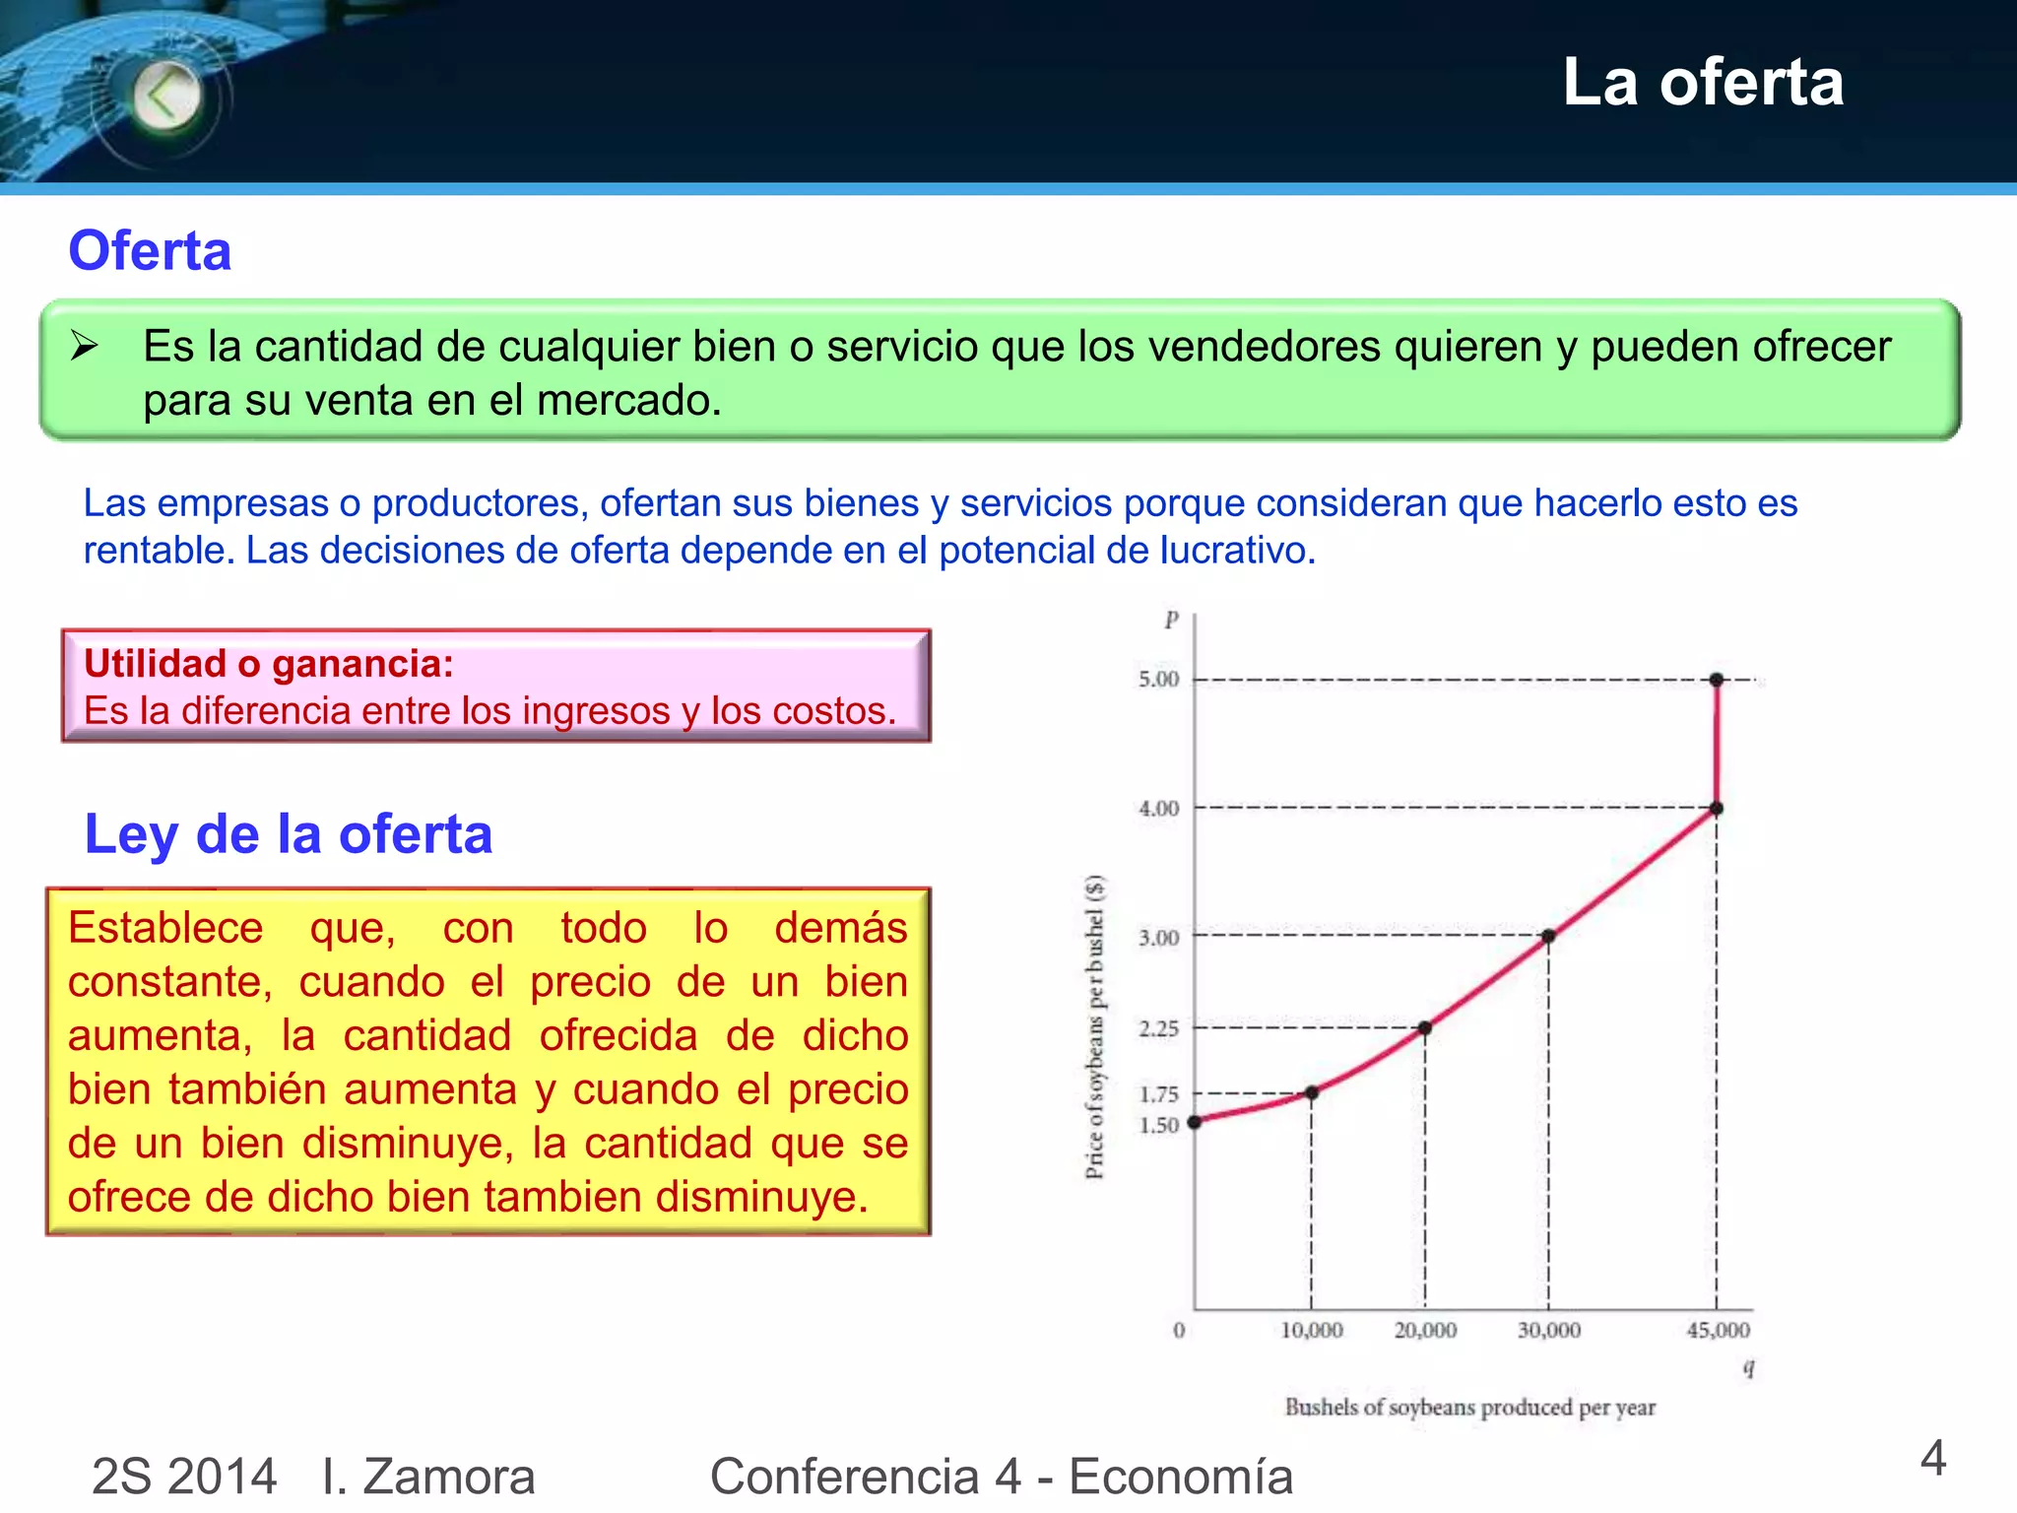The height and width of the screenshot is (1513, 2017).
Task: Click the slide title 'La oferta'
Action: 1702,82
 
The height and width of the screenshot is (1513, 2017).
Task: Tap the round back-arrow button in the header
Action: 165,97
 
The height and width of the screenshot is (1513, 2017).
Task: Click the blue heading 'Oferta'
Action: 150,250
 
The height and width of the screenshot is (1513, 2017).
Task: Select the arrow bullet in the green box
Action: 85,346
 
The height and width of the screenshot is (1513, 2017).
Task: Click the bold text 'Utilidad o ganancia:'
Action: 268,664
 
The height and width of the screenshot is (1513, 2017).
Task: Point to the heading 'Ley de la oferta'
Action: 288,834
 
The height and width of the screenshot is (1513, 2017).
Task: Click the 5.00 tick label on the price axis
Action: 1158,679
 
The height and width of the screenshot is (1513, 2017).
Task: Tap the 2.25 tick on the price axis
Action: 1158,1028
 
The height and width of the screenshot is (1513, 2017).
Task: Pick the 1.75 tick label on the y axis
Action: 1158,1094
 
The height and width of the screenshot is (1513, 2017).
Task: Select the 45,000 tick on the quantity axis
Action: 1718,1331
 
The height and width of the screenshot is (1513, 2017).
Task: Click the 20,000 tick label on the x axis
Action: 1425,1331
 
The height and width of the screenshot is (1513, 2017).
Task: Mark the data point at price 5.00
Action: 1717,680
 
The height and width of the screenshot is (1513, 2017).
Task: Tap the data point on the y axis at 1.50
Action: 1195,1122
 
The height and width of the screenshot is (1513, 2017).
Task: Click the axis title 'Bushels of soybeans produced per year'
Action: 1469,1408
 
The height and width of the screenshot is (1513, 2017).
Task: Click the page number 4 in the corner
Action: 1932,1459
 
